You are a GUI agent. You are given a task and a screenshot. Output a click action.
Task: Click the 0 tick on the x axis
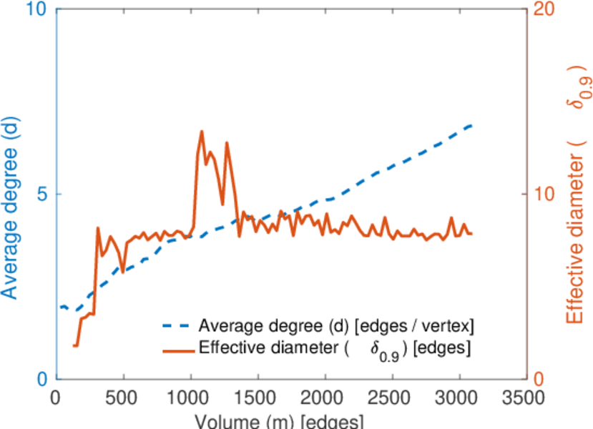(x=57, y=398)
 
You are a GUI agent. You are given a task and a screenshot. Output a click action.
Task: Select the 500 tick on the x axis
(x=124, y=398)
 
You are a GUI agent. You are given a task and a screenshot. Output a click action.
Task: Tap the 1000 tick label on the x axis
(x=191, y=398)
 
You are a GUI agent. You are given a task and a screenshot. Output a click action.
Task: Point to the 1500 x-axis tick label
(x=258, y=398)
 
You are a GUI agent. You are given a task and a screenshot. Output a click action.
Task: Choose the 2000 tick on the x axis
(x=325, y=398)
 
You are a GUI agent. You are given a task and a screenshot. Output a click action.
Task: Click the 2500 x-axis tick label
(x=392, y=398)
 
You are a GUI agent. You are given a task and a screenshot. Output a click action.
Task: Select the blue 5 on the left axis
(x=41, y=194)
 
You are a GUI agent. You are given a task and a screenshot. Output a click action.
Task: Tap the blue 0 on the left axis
(x=41, y=379)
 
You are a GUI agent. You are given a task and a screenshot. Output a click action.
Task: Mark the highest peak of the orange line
(x=201, y=132)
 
